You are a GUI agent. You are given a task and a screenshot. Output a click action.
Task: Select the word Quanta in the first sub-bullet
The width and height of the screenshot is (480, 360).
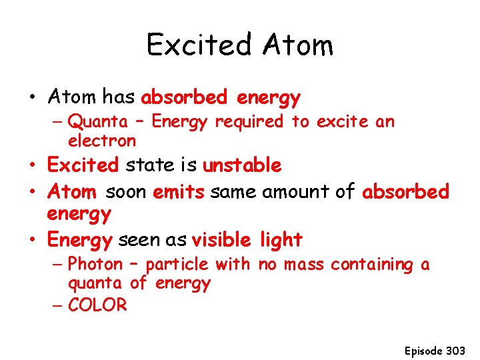[x=99, y=121]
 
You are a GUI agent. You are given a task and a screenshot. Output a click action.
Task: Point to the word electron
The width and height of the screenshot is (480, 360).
[x=102, y=141]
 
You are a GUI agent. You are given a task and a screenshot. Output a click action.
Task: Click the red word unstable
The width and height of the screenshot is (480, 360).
[x=242, y=165]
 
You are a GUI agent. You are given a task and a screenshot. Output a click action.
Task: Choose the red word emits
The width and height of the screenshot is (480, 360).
[x=179, y=192]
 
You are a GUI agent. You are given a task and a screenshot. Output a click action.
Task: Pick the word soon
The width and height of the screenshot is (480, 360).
[x=127, y=193]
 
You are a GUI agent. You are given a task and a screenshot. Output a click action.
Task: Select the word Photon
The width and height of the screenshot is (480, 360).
[x=95, y=264]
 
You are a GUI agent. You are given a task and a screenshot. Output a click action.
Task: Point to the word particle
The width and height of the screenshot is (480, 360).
[x=177, y=265]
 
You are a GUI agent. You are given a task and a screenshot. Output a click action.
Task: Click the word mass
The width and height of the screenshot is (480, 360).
[x=305, y=265]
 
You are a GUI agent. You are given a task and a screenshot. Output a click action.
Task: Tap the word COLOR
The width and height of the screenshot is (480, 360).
[x=97, y=305]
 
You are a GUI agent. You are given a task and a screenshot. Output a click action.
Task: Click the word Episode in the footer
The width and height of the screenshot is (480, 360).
[x=423, y=349]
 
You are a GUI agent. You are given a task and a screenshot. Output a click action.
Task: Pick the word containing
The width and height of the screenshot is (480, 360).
[x=372, y=265]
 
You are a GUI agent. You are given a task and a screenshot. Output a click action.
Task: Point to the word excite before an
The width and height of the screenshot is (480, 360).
[x=345, y=121]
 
